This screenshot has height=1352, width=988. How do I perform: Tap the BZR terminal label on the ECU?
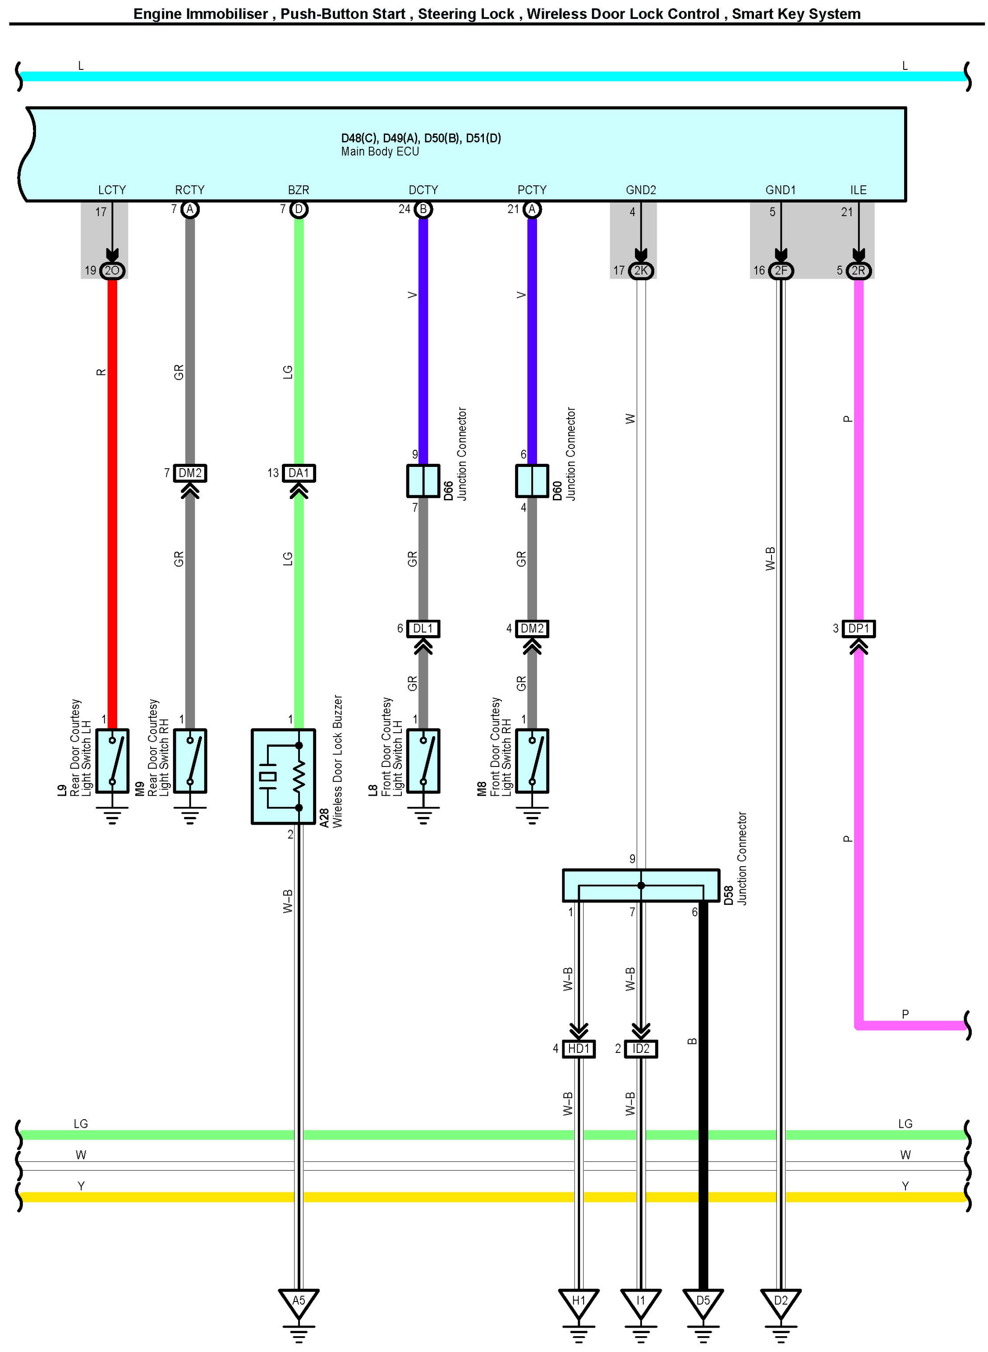(x=299, y=189)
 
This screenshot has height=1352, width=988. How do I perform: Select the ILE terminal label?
(x=858, y=189)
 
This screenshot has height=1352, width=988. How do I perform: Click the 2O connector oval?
(x=112, y=270)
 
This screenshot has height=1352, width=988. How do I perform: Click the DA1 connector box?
(x=299, y=473)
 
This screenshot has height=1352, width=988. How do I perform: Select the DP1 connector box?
(x=858, y=629)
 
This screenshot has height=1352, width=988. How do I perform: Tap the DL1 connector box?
(x=423, y=629)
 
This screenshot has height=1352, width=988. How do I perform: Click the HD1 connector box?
(x=579, y=1049)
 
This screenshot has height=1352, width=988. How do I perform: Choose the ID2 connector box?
(x=640, y=1049)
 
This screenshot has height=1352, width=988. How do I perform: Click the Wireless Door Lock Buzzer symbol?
(x=283, y=776)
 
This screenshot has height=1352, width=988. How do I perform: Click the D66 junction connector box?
(x=423, y=481)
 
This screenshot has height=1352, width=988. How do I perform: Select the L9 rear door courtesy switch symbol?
(x=112, y=761)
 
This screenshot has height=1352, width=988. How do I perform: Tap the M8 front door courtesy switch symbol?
(x=532, y=761)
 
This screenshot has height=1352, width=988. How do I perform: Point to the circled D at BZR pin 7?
(x=299, y=209)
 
